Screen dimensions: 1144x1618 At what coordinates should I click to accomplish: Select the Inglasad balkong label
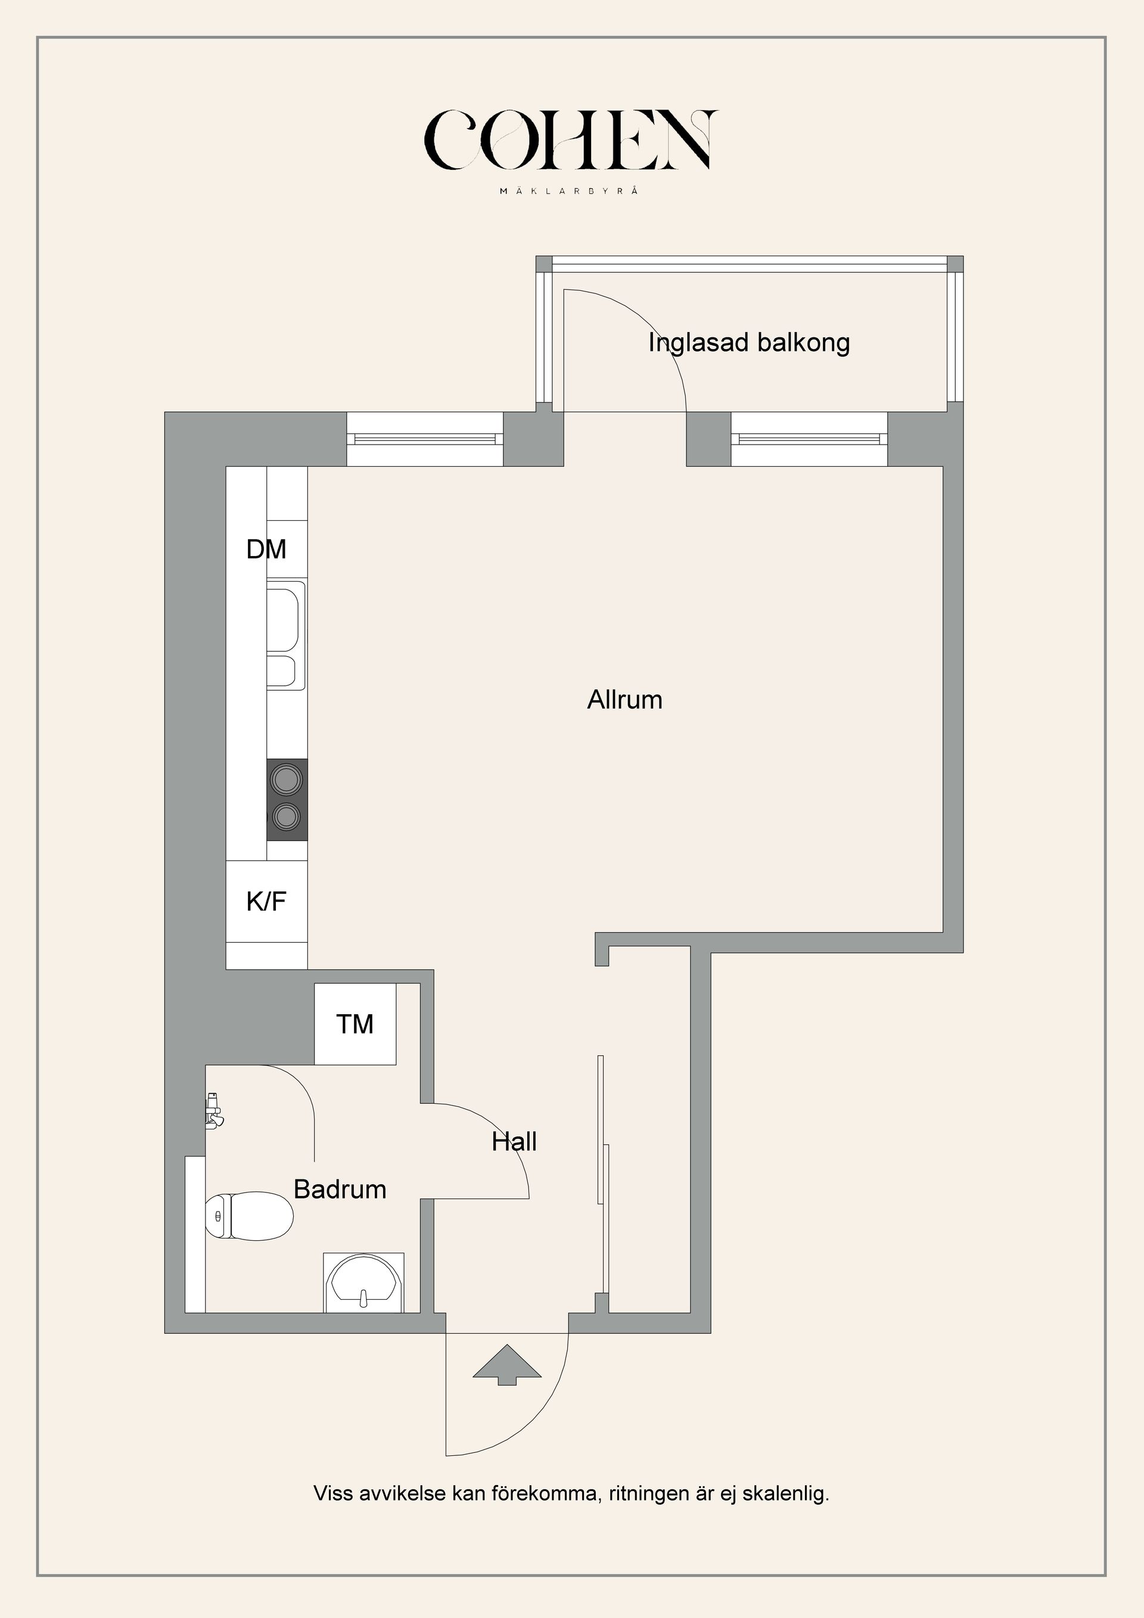(x=749, y=343)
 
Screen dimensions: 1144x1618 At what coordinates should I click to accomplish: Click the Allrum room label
(x=625, y=700)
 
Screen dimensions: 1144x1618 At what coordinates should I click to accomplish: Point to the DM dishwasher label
(x=266, y=549)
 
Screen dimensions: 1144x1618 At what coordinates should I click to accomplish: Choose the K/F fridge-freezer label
(x=266, y=901)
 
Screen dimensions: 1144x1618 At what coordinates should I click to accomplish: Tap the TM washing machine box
(x=355, y=1024)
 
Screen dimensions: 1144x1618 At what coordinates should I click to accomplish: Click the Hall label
(x=514, y=1142)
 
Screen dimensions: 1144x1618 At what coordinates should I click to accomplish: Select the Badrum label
(x=340, y=1190)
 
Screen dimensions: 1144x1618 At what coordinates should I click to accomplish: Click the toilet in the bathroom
(x=248, y=1215)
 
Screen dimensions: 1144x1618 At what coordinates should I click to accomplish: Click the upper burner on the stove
(x=287, y=780)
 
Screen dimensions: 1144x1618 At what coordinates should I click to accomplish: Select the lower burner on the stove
(x=287, y=818)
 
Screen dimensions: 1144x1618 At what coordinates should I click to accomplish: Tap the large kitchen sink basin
(x=285, y=617)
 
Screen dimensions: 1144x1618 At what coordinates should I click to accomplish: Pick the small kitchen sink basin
(x=285, y=672)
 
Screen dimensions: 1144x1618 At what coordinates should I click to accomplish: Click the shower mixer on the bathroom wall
(x=213, y=1111)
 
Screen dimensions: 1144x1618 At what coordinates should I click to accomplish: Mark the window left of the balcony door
(x=425, y=439)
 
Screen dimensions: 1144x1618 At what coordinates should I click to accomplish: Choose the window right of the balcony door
(x=809, y=439)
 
